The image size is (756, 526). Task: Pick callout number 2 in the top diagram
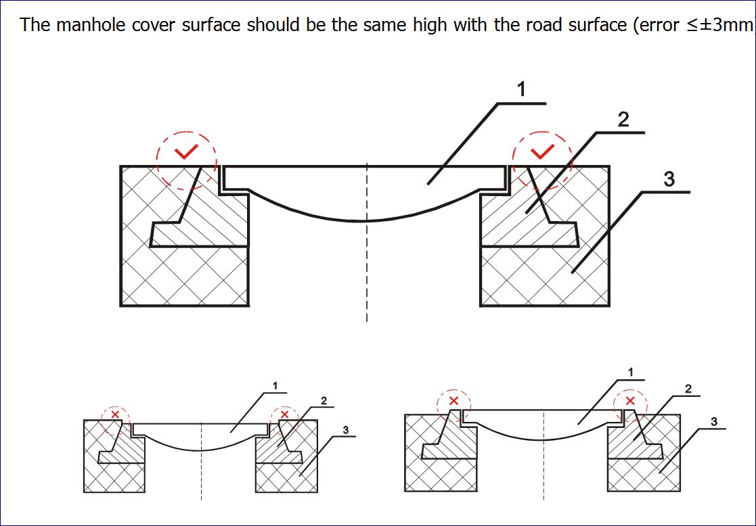click(x=623, y=120)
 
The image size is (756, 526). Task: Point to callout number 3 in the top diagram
click(x=669, y=180)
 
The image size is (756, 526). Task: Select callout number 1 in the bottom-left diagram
click(x=275, y=386)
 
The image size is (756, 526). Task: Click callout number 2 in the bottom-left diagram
click(x=324, y=401)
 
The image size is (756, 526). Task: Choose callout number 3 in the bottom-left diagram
click(x=345, y=430)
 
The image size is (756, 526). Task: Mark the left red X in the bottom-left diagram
click(x=115, y=414)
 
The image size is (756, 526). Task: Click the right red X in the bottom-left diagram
click(x=284, y=414)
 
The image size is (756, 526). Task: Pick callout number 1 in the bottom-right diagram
click(x=630, y=372)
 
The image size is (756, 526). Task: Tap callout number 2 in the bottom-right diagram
click(x=688, y=389)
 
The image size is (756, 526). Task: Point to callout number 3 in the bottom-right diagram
click(x=714, y=422)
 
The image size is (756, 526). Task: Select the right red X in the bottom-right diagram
click(x=630, y=401)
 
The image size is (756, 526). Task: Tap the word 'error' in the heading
click(x=654, y=26)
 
